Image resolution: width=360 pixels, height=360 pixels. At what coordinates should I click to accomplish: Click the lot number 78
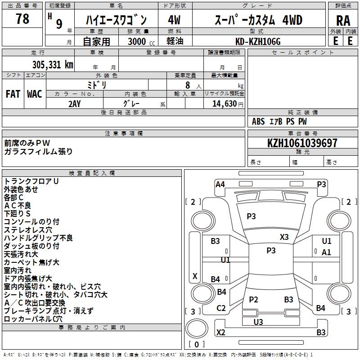pyautogui.click(x=22, y=19)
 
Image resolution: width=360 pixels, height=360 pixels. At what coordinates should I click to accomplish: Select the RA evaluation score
pyautogui.click(x=343, y=21)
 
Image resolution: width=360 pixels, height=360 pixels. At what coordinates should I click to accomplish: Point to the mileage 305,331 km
pyautogui.click(x=52, y=64)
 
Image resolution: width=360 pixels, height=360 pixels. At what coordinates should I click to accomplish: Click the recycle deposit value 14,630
pyautogui.click(x=225, y=103)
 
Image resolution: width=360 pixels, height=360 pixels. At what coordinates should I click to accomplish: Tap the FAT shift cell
pyautogui.click(x=13, y=94)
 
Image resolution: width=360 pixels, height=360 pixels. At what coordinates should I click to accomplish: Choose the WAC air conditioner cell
pyautogui.click(x=35, y=94)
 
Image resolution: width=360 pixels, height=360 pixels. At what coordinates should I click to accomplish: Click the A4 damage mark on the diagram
pyautogui.click(x=220, y=184)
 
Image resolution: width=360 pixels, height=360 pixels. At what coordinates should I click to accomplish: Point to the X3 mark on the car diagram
pyautogui.click(x=284, y=237)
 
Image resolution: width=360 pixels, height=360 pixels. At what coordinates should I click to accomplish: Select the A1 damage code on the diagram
pyautogui.click(x=326, y=252)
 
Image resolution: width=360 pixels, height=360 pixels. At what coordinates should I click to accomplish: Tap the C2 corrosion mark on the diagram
pyautogui.click(x=221, y=308)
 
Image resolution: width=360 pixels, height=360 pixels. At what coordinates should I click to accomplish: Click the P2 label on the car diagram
pyautogui.click(x=253, y=299)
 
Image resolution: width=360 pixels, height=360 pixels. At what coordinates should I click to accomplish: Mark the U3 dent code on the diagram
pyautogui.click(x=258, y=322)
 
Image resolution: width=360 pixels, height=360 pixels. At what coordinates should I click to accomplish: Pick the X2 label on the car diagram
pyautogui.click(x=220, y=333)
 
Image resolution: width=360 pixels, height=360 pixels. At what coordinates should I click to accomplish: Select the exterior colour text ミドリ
pyautogui.click(x=97, y=85)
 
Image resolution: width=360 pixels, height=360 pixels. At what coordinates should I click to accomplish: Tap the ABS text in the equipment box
pyautogui.click(x=258, y=121)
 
